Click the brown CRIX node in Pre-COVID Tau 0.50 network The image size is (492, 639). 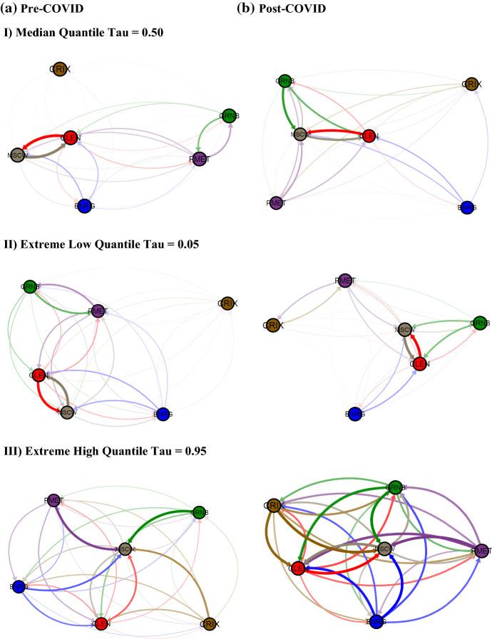(60, 69)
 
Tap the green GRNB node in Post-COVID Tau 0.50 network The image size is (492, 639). (285, 81)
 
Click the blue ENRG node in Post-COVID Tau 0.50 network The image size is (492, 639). (468, 207)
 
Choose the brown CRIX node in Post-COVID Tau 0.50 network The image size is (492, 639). (470, 84)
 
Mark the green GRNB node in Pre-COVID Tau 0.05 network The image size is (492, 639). (29, 287)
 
